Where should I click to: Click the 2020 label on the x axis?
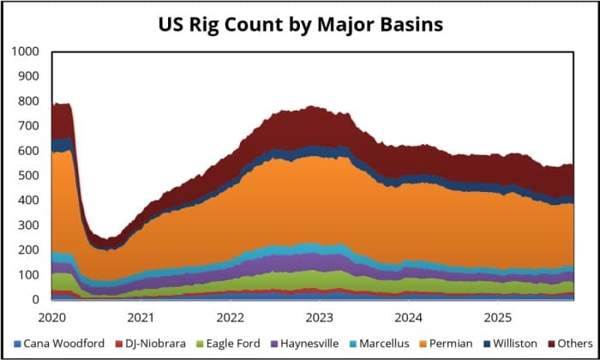(53, 316)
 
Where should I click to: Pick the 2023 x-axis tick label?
(319, 316)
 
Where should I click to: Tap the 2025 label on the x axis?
(496, 316)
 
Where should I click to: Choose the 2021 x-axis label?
(141, 316)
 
